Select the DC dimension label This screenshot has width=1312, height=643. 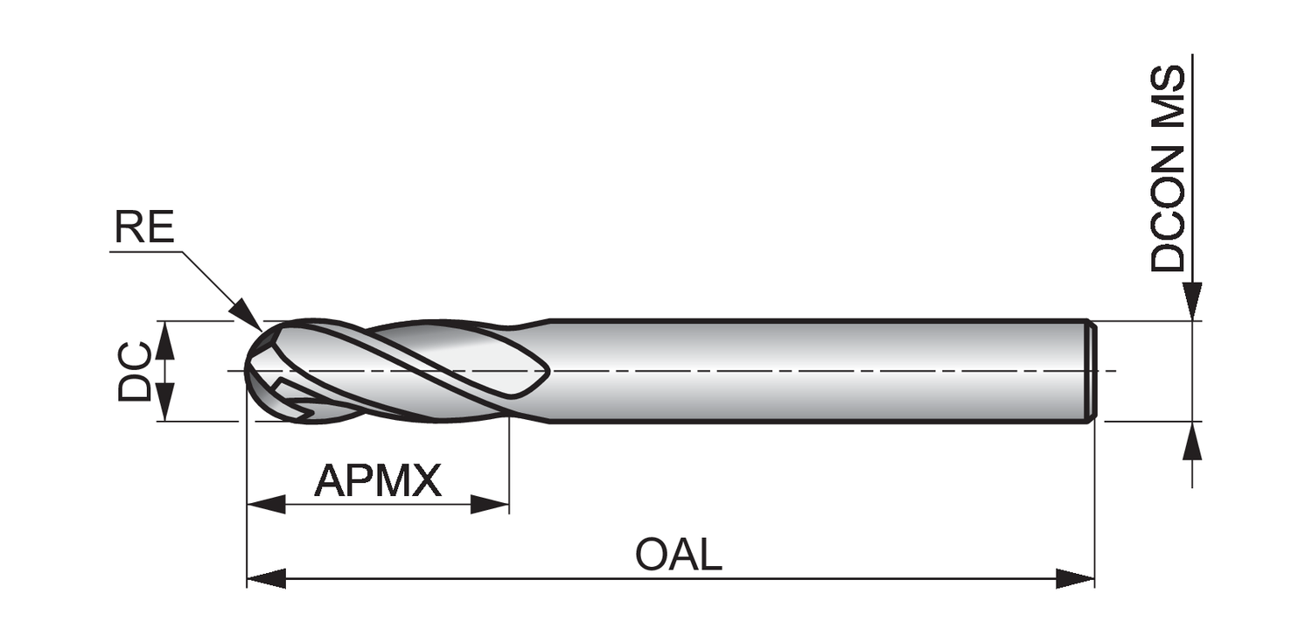coord(135,372)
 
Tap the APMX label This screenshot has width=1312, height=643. coord(378,480)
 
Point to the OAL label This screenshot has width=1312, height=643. coord(679,556)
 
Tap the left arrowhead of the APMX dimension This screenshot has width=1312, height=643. coord(266,505)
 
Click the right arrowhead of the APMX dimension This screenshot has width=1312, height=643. coord(490,505)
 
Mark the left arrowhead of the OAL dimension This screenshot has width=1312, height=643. coord(266,578)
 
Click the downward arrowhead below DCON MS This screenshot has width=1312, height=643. coord(1192,302)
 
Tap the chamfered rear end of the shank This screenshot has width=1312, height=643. coord(1092,371)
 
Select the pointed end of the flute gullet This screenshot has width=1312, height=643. coord(548,371)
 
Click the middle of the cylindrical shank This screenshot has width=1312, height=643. coord(818,371)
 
